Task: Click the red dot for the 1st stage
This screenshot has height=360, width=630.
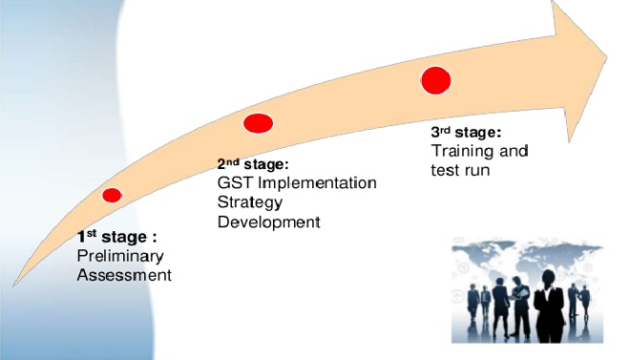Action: pos(112,195)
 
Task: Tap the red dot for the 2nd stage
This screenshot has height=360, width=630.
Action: pos(258,123)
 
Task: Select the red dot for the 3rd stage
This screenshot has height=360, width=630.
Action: pos(436,81)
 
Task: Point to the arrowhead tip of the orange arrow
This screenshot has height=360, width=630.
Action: pos(607,58)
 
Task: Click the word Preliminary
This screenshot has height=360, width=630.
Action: pos(120,256)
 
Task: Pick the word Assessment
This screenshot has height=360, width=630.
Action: pos(124,275)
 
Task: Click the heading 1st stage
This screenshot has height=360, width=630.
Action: pos(116,237)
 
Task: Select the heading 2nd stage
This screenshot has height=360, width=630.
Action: pos(253,164)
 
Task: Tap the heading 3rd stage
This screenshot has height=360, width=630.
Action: pos(466,132)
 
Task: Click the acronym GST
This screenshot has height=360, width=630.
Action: pos(235,182)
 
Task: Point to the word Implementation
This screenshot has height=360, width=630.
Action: pos(317,183)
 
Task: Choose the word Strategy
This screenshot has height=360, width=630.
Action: pos(250,202)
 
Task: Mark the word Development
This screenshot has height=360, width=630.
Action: pos(269,222)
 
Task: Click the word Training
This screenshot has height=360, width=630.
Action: pos(462,152)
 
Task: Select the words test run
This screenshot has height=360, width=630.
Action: pos(460,170)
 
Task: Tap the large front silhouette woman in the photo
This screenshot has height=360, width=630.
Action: pos(549,306)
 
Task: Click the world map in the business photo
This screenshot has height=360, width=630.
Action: pos(527,256)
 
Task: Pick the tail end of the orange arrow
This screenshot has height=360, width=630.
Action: pos(14,285)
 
